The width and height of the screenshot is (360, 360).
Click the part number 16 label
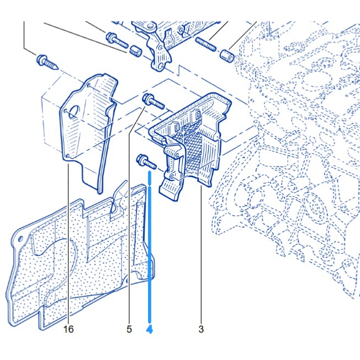68,329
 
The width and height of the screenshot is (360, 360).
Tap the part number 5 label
129,329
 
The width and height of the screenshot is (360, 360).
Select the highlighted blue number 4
149,329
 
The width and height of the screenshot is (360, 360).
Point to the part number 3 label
201,329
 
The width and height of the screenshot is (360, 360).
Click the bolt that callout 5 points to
152,102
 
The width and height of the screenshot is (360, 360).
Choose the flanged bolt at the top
116,40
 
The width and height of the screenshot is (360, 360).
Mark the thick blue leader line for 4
149,248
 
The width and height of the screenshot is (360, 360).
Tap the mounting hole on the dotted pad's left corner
21,238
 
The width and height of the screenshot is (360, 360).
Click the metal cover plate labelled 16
88,127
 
